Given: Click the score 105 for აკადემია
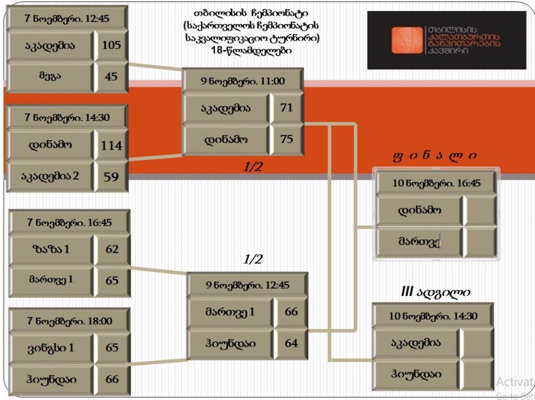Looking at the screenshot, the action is coord(112,45).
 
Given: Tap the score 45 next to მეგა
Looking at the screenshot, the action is coord(111,76).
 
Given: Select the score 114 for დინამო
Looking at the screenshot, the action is coord(111,146).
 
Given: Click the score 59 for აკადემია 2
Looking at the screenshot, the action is coord(111,177).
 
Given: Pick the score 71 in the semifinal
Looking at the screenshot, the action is coord(286,108).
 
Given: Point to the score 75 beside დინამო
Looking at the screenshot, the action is coord(287,139).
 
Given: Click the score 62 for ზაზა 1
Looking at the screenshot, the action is coord(112,249).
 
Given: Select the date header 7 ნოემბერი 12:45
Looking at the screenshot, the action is coord(67,18).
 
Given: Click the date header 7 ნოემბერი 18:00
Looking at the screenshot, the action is coord(69,321).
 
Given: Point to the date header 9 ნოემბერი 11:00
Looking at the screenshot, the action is coord(242,81).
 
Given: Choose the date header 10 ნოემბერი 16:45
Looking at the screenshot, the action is coord(436,183).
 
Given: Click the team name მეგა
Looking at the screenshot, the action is coord(50,76).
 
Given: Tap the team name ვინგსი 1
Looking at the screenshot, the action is coord(51,348).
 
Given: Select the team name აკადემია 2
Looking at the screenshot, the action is coord(50,176).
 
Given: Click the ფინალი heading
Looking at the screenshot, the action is coord(435,156).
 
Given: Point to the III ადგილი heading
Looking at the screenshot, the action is coord(435,292).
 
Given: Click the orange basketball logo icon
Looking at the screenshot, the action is coord(408,40).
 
